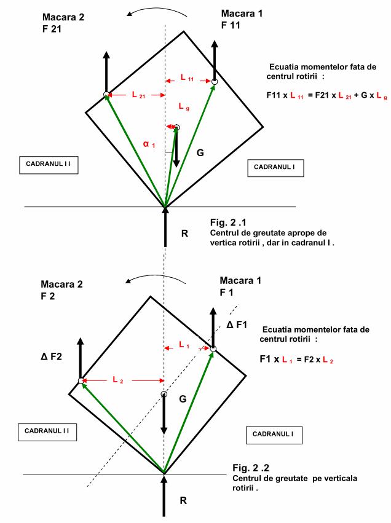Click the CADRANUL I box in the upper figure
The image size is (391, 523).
click(275, 168)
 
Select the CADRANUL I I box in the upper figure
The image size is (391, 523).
click(49, 165)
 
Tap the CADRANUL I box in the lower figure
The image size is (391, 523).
click(274, 435)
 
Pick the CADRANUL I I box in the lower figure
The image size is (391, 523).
click(47, 432)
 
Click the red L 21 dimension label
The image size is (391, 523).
click(138, 95)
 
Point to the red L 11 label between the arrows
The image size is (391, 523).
click(187, 77)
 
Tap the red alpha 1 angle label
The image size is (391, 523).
click(149, 144)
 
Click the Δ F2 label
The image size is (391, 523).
click(52, 356)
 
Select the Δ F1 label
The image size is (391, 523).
click(237, 324)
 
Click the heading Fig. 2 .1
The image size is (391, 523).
click(228, 222)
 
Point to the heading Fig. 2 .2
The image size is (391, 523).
click(251, 468)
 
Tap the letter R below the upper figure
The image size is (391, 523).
click(184, 234)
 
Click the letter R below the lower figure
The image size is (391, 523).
click(183, 500)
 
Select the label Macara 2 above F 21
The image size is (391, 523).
click(63, 17)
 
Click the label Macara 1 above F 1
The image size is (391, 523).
click(240, 280)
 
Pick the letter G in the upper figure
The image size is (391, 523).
click(200, 153)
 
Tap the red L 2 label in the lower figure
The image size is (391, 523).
click(118, 380)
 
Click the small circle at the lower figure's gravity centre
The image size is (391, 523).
click(164, 395)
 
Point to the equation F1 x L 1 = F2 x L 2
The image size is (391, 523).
click(296, 360)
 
